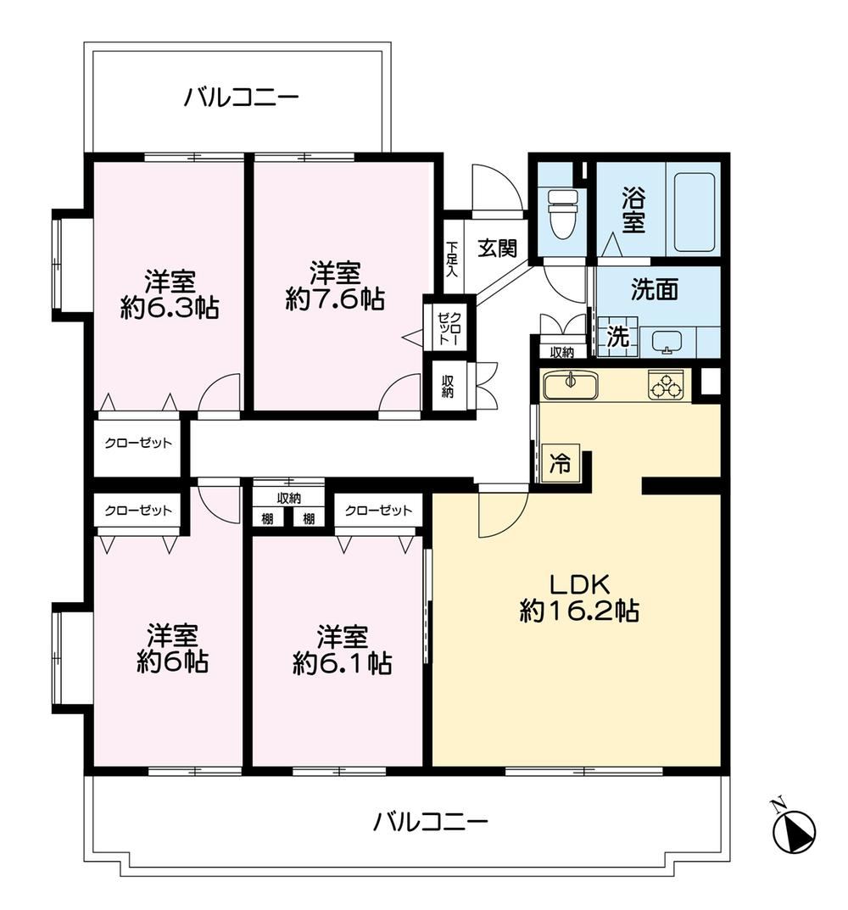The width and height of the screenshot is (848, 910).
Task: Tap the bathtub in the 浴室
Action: click(x=694, y=211)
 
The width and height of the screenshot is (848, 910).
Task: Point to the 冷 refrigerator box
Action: click(x=561, y=464)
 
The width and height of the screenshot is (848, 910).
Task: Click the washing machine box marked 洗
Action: click(x=617, y=337)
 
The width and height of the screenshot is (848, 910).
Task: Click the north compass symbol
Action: click(x=793, y=826)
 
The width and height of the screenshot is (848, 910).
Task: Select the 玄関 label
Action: click(x=498, y=248)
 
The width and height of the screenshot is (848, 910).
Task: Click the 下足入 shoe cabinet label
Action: click(x=452, y=259)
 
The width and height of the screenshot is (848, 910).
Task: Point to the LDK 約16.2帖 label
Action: click(x=579, y=597)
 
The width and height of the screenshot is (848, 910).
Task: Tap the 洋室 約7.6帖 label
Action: click(x=335, y=286)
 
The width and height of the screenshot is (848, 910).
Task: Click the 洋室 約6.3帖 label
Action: click(x=170, y=294)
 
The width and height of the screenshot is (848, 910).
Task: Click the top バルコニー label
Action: click(x=242, y=97)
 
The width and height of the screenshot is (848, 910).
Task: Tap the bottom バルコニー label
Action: click(x=430, y=821)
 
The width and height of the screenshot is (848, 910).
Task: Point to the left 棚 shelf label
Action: click(x=268, y=518)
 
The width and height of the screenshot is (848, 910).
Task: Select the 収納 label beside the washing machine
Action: click(x=562, y=352)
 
